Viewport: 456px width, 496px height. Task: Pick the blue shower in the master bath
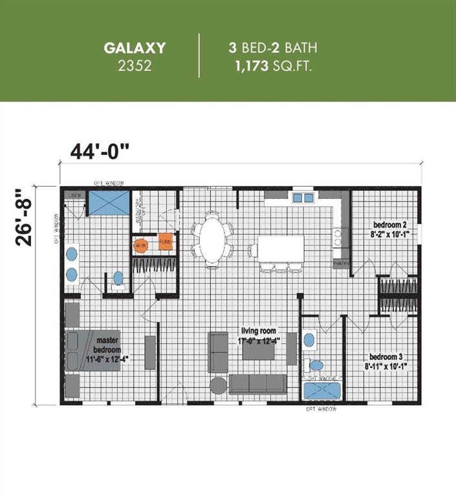tap(108, 203)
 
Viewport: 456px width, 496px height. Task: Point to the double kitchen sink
tap(302, 197)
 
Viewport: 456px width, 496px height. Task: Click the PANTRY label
tap(341, 264)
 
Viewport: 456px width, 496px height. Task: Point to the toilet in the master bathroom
tap(118, 278)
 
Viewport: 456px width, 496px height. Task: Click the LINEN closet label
tap(76, 195)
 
